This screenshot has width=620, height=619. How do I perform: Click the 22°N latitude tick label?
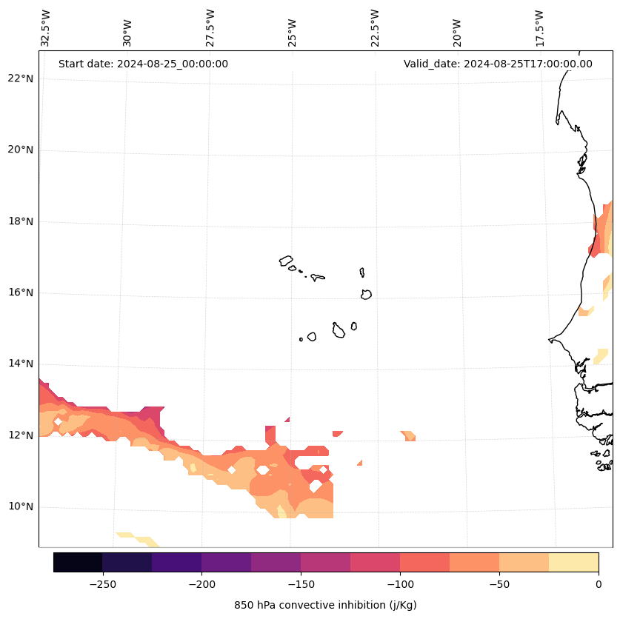19,78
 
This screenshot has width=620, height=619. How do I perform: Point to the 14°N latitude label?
19,364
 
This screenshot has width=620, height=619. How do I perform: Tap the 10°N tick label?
19,506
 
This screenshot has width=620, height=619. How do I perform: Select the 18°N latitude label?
19,221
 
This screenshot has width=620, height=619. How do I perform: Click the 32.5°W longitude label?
46,28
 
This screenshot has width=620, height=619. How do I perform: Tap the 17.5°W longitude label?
540,28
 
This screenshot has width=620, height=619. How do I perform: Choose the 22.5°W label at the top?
375,28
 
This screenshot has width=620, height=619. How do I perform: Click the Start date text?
143,64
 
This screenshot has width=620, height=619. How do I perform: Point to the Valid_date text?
498,64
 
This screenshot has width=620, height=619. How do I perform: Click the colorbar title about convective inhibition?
325,605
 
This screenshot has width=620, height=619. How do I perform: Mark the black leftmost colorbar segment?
78,562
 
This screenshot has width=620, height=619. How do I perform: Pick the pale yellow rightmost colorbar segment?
573,562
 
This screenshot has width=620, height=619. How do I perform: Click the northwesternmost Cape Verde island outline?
286,261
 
